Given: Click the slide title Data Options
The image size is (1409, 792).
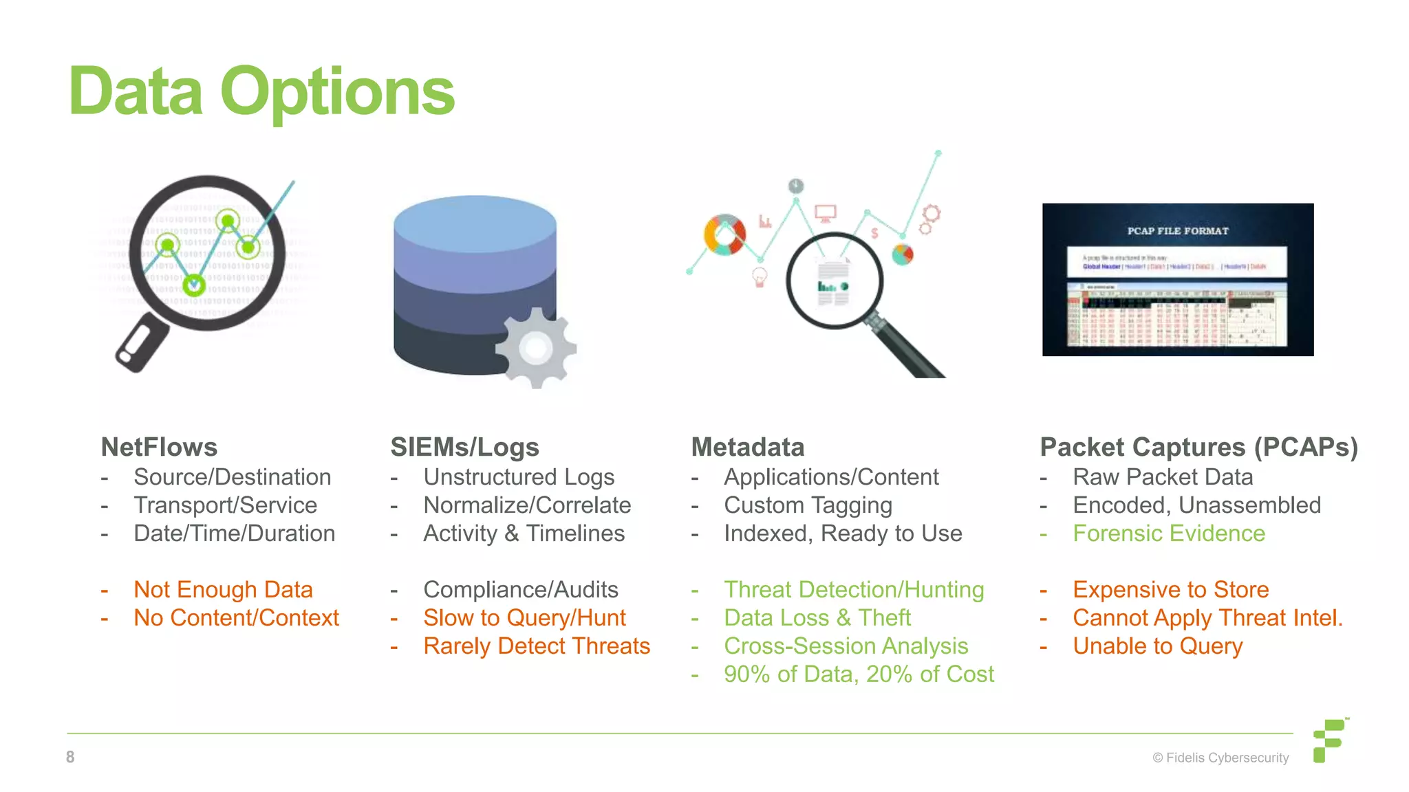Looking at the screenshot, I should coord(261,92).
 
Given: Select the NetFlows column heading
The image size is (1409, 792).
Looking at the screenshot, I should coord(159,448).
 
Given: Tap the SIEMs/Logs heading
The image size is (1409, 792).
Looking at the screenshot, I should coord(464,448).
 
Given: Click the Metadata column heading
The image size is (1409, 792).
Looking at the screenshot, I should coord(747,448).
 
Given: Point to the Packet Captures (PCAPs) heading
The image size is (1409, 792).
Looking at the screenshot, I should coord(1198,448).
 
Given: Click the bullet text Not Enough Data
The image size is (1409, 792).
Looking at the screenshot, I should coord(223,590).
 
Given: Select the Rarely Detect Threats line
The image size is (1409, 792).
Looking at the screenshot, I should coord(537,646).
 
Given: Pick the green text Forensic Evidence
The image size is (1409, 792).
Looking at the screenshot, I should coord(1168,533).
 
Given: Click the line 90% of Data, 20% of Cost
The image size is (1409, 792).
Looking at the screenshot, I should coord(859,674).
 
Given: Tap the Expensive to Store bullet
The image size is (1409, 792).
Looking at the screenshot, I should coord(1170,590).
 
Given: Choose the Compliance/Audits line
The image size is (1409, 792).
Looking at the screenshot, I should coord(521,590).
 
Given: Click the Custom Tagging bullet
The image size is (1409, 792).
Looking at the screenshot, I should coord(808,505).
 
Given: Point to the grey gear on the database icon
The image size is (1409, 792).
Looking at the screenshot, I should coord(537,348).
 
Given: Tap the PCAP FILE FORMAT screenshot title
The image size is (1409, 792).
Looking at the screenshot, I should coord(1177,231).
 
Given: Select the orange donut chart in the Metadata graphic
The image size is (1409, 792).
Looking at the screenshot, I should coord(724,234).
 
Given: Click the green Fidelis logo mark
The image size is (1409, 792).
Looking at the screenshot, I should coord(1329,740).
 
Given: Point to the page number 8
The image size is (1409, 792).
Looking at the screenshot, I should coord(70,757).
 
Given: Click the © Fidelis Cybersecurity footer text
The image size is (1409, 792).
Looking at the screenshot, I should coord(1220,758).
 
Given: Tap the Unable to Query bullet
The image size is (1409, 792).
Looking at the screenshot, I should coord(1157,646).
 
